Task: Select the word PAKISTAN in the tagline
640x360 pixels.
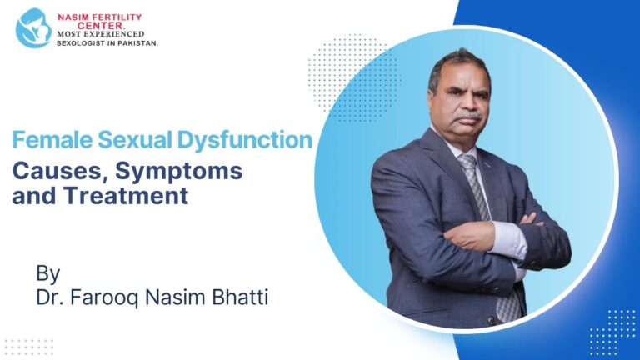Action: (135, 42)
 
